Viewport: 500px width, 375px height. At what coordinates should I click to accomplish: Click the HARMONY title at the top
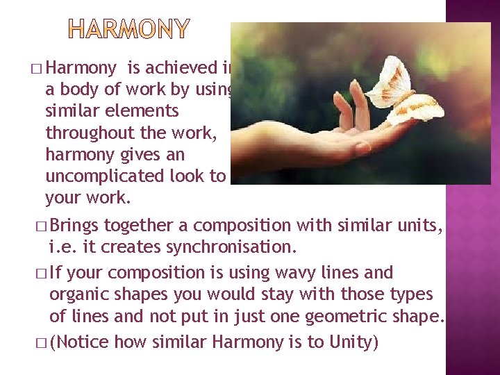(x=128, y=28)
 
